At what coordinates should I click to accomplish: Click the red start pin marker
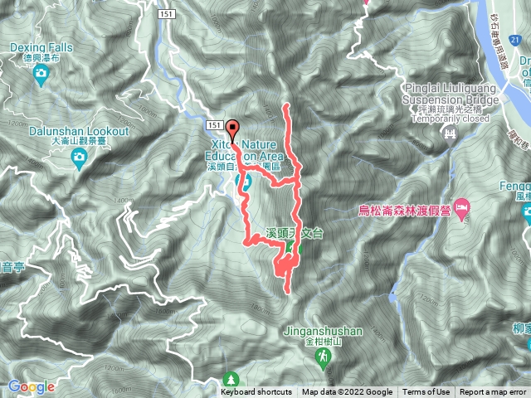click(233, 130)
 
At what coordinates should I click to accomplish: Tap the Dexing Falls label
click(41, 48)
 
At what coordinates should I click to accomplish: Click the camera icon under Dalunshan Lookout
click(80, 158)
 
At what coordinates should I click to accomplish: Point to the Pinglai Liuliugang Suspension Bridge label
click(452, 94)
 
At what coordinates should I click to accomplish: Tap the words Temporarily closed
click(451, 118)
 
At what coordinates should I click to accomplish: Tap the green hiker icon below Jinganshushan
click(322, 357)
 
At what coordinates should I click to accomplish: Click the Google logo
click(32, 386)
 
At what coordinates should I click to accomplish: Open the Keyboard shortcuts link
click(256, 392)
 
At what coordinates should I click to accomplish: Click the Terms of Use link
click(426, 392)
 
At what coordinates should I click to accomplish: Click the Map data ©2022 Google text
click(347, 392)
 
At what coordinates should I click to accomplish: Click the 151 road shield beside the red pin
click(215, 124)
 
